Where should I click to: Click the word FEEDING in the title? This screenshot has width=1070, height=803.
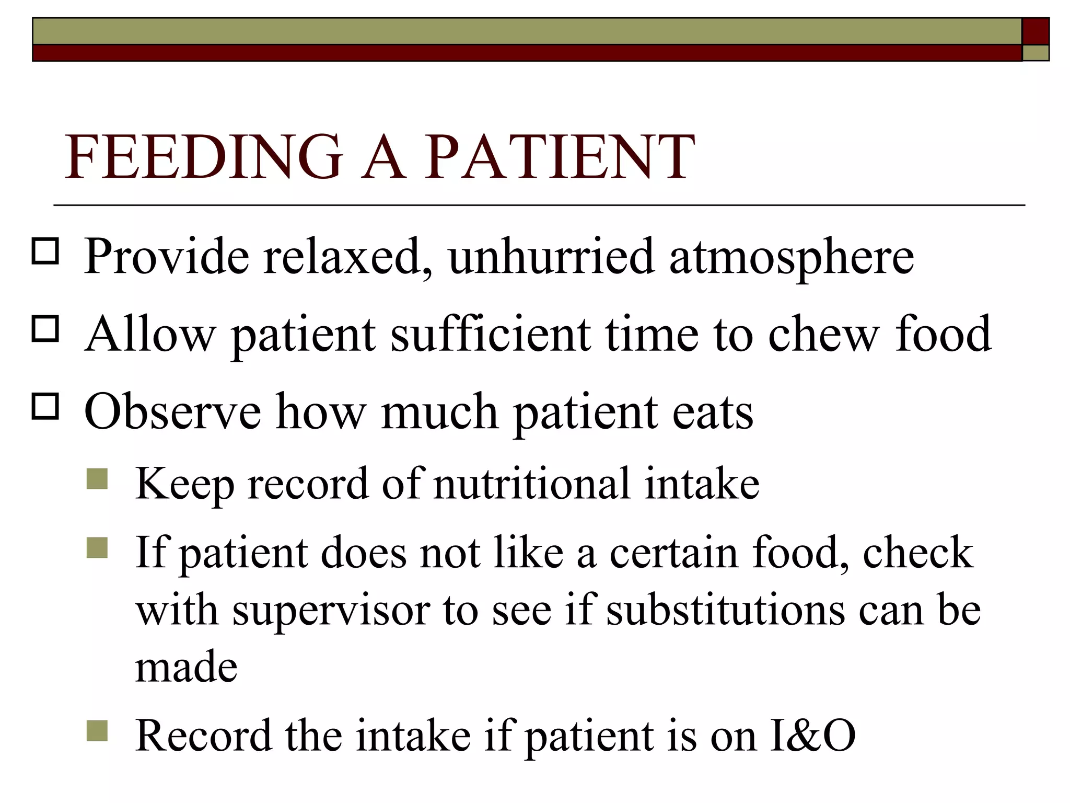[204, 157]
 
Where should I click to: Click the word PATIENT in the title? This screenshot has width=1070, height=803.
[559, 157]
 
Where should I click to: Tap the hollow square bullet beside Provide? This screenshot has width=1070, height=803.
[45, 251]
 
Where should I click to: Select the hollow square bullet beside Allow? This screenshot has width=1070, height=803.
[45, 329]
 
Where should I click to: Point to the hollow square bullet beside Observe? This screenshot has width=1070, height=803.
[45, 406]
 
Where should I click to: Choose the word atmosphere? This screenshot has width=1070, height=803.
[792, 257]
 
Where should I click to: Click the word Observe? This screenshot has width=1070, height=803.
[172, 411]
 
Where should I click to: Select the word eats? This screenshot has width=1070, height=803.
[713, 412]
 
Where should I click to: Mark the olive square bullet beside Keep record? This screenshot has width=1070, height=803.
[97, 478]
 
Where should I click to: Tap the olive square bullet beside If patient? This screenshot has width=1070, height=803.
[97, 548]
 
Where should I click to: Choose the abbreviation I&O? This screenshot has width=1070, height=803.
[812, 736]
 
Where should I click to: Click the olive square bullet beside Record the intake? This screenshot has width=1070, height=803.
[97, 731]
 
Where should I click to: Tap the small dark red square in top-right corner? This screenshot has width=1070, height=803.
[1036, 31]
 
